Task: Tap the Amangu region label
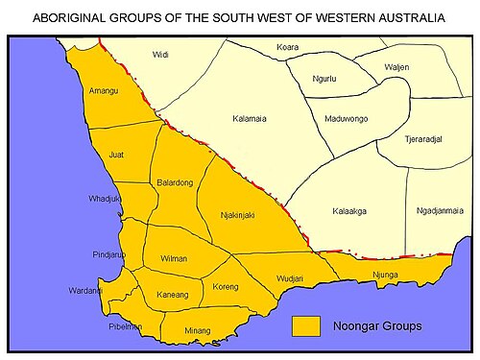coord(104,89)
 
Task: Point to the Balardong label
coord(173,181)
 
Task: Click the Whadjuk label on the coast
coord(103,199)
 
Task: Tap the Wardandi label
coord(86,290)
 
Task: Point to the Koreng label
coord(226,286)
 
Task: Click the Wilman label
coord(173,258)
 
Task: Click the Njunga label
coord(384,275)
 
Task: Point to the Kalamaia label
coord(251,119)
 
